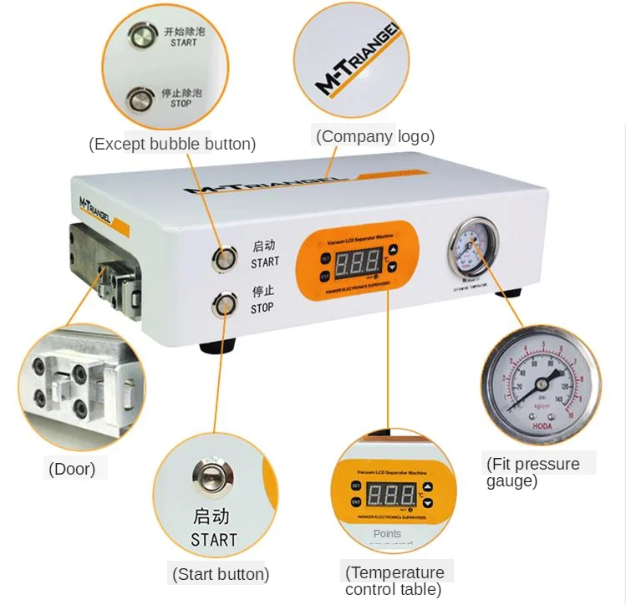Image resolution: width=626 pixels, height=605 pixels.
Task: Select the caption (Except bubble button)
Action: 172,144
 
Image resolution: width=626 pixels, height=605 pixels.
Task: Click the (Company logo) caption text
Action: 374,136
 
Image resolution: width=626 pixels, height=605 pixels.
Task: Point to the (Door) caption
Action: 72,469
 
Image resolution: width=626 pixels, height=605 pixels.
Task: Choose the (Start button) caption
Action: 221,574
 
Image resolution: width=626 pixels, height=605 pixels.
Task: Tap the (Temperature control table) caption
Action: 394,581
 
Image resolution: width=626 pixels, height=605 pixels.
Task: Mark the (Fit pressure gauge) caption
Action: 532,472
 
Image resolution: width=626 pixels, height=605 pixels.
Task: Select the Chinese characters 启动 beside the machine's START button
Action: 263,247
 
